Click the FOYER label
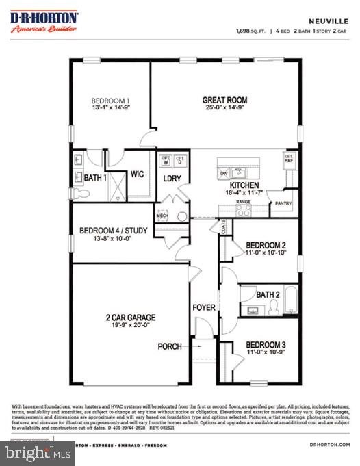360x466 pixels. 204,307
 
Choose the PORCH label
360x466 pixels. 170,346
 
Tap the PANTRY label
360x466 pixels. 283,203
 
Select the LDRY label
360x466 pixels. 172,179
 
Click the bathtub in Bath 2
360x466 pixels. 292,299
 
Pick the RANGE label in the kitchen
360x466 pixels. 243,203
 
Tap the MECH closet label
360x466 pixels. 162,216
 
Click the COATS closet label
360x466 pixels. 224,226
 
